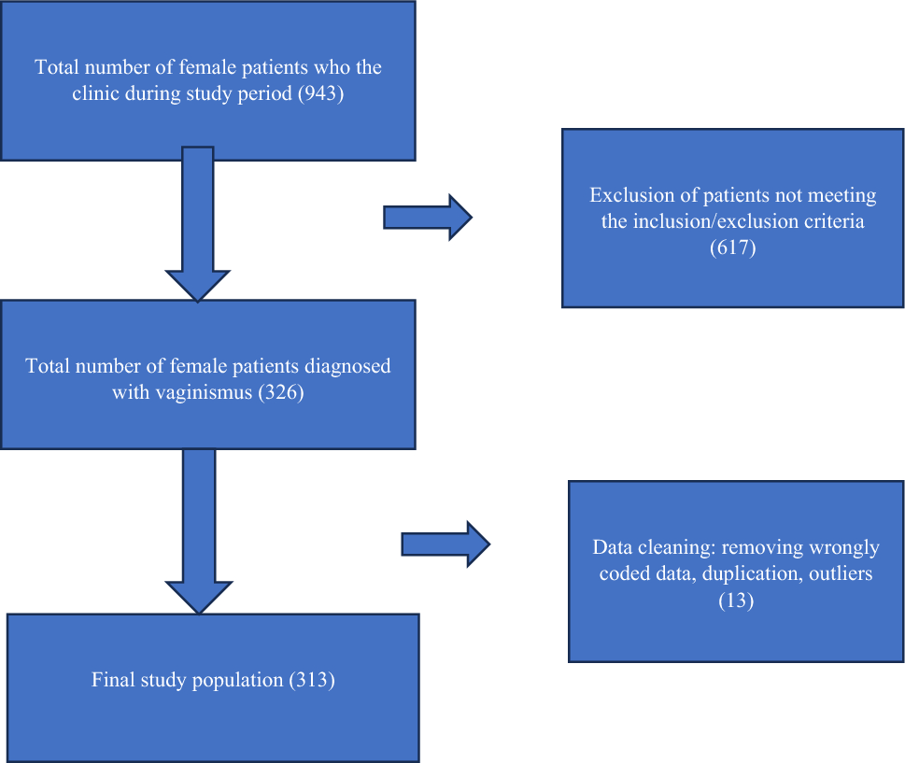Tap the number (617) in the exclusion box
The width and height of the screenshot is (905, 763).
click(x=732, y=248)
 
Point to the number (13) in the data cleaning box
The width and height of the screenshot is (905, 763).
click(x=736, y=601)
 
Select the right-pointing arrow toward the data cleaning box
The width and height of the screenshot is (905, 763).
click(x=445, y=544)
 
